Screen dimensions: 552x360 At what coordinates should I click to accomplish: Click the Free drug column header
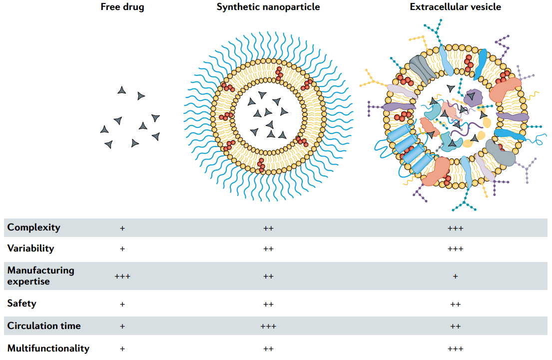122,7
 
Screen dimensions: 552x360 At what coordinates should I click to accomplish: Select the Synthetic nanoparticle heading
268,7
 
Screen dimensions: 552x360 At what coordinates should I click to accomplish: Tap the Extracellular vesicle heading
455,6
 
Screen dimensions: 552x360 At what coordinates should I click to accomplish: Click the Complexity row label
34,227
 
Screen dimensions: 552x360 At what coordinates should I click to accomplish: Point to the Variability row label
30,248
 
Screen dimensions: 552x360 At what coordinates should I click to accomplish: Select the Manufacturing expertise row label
41,276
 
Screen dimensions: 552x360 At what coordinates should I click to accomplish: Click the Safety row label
21,303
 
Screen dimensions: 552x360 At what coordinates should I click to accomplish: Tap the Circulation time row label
44,326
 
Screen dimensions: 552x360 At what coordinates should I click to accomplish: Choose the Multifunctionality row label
48,348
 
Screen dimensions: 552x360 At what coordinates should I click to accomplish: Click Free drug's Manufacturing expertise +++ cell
122,276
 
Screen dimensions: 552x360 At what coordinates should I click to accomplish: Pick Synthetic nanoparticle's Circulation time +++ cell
268,326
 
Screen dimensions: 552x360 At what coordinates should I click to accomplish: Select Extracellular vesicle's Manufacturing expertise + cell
455,276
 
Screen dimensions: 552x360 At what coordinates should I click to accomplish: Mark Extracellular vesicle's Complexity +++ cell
455,228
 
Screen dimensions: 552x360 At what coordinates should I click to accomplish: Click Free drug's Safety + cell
122,304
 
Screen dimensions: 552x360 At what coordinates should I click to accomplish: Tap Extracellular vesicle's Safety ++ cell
455,304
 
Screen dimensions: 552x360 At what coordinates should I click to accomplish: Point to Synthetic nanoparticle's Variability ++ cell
268,249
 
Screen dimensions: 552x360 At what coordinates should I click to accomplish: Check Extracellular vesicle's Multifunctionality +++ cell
455,349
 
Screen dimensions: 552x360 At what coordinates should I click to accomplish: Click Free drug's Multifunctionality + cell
122,349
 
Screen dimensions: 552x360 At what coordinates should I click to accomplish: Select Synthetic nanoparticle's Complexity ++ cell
268,228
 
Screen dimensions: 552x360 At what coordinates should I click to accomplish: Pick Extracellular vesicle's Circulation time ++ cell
455,326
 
